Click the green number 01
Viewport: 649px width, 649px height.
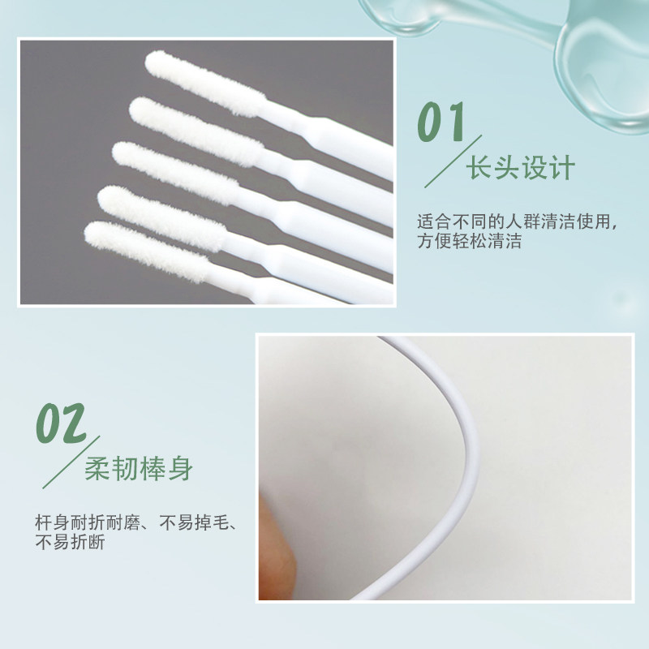click(441, 122)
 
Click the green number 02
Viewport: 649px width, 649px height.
click(61, 423)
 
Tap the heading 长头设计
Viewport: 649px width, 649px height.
click(521, 168)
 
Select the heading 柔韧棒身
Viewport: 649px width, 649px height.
click(139, 468)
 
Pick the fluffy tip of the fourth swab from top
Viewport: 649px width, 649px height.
click(162, 218)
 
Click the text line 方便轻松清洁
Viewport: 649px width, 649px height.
click(469, 241)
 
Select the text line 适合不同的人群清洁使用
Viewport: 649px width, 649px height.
click(514, 221)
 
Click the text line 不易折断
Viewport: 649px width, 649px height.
click(70, 542)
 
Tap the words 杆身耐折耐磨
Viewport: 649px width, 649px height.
click(88, 522)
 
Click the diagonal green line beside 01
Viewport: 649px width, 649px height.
click(453, 161)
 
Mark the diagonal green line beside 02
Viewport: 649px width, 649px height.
click(71, 462)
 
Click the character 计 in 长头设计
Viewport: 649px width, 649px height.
click(562, 168)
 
